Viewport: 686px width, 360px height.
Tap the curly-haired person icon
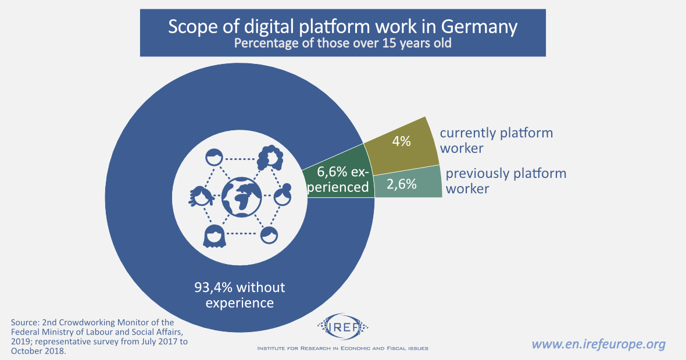click(270, 157)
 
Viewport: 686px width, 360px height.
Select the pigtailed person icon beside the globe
click(199, 197)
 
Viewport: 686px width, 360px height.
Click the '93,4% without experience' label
click(240, 295)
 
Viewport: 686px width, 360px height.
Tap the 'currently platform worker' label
click(496, 140)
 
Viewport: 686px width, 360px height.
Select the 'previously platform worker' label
click(505, 181)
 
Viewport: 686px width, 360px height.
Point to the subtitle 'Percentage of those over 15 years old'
click(342, 44)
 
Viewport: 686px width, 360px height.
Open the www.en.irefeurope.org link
click(598, 344)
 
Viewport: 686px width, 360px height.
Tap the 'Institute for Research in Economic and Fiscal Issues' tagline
click(343, 348)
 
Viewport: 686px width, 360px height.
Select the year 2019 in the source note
click(21, 341)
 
